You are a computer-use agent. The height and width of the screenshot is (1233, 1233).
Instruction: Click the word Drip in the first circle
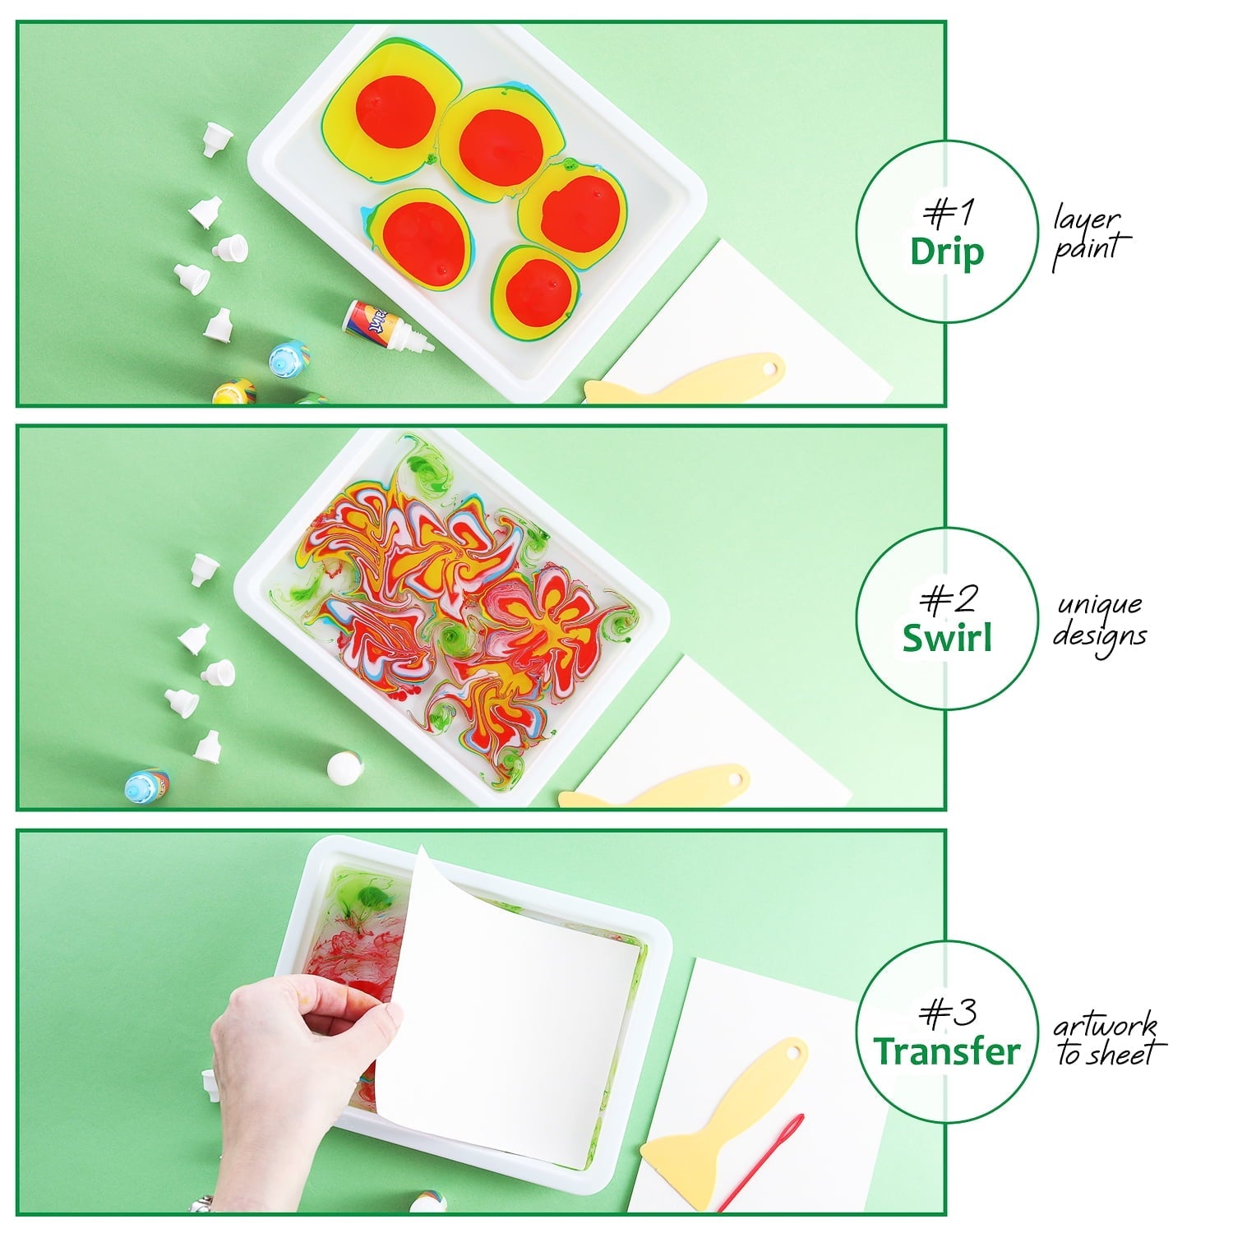tap(946, 251)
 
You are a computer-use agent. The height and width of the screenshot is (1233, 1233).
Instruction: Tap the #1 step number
tap(948, 213)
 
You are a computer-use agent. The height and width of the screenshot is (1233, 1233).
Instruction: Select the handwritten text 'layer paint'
tap(1088, 237)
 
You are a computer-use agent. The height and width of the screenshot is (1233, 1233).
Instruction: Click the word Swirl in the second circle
tap(947, 638)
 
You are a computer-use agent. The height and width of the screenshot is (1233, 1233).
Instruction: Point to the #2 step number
tap(948, 600)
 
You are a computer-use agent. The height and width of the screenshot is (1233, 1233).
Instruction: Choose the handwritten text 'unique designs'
tap(1100, 621)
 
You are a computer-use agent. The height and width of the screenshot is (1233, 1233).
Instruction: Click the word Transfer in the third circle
tap(947, 1051)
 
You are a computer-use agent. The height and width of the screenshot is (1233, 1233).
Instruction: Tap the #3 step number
tap(948, 1013)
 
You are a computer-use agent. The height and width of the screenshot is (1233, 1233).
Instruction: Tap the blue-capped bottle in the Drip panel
tap(289, 358)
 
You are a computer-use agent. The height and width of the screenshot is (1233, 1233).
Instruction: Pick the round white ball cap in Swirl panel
tap(341, 768)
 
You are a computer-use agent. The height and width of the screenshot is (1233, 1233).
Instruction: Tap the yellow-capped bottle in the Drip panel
tap(233, 392)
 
